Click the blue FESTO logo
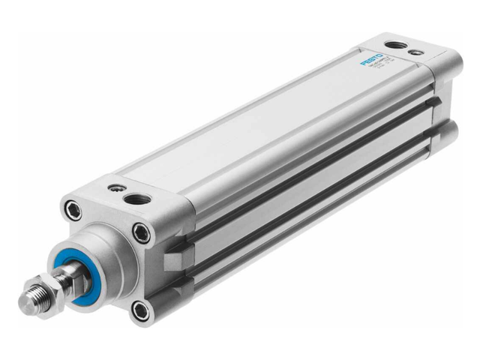coord(372,59)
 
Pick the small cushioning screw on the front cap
coord(114,187)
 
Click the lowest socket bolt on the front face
coord(139,307)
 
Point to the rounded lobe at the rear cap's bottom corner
coord(448,133)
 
